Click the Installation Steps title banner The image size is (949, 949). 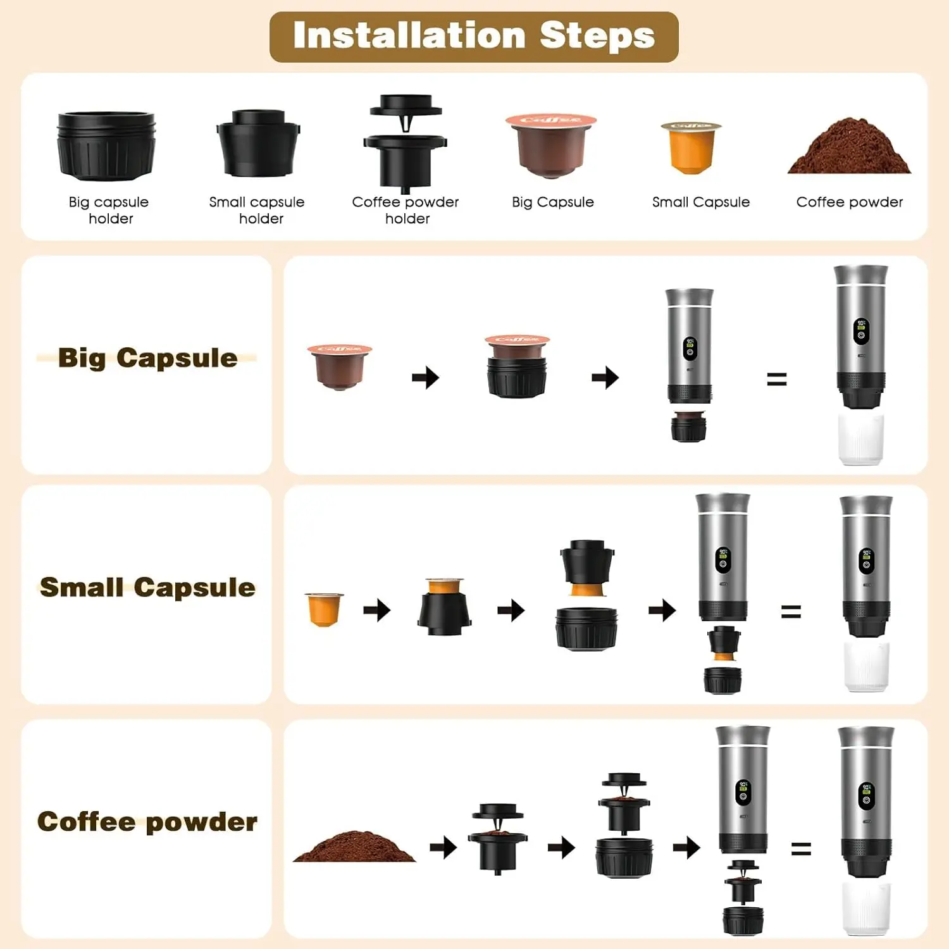pos(474,36)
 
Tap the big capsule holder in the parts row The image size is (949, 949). pos(106,146)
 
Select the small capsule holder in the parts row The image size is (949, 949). pos(257,144)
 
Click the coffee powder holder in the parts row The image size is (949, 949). pos(406,144)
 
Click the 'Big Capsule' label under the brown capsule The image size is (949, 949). pos(553,202)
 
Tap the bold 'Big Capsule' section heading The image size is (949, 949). pos(147,358)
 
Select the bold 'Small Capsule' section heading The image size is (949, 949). pos(147,587)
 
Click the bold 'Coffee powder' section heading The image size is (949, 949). pos(147,822)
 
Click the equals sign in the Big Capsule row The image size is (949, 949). pos(776,379)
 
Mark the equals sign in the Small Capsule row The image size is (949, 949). pos(791,611)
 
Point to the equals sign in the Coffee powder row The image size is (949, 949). pos(801,848)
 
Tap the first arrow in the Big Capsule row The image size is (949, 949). pos(426,378)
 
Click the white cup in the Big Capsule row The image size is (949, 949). pos(860,438)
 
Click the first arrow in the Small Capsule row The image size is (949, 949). pos(377,611)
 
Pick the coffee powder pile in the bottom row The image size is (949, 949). pos(354,847)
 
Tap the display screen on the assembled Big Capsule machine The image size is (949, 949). pos(861,331)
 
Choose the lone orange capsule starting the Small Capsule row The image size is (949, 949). pos(324,609)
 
